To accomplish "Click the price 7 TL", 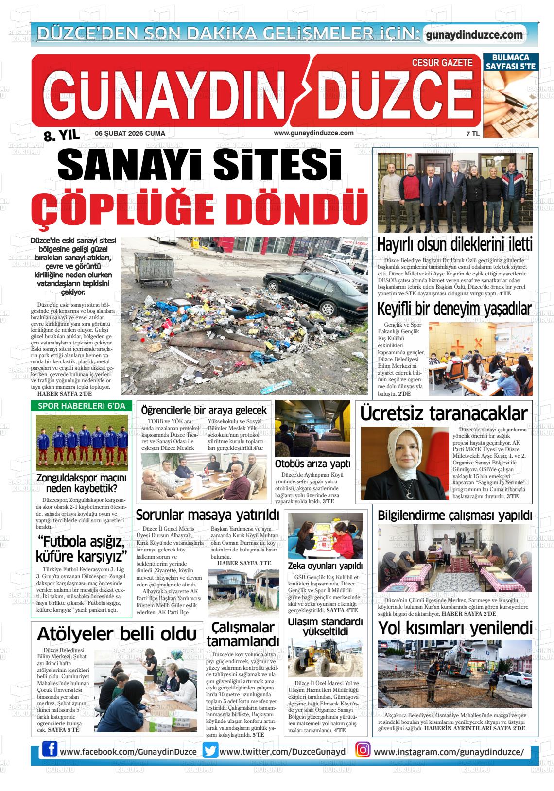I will point(472,134).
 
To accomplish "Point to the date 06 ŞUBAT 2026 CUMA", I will point(130,133).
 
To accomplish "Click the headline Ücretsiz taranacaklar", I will point(443,413).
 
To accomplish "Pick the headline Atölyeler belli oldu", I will point(117,634).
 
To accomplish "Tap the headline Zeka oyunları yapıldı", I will point(325,566).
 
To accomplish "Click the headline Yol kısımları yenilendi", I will point(455,628).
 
